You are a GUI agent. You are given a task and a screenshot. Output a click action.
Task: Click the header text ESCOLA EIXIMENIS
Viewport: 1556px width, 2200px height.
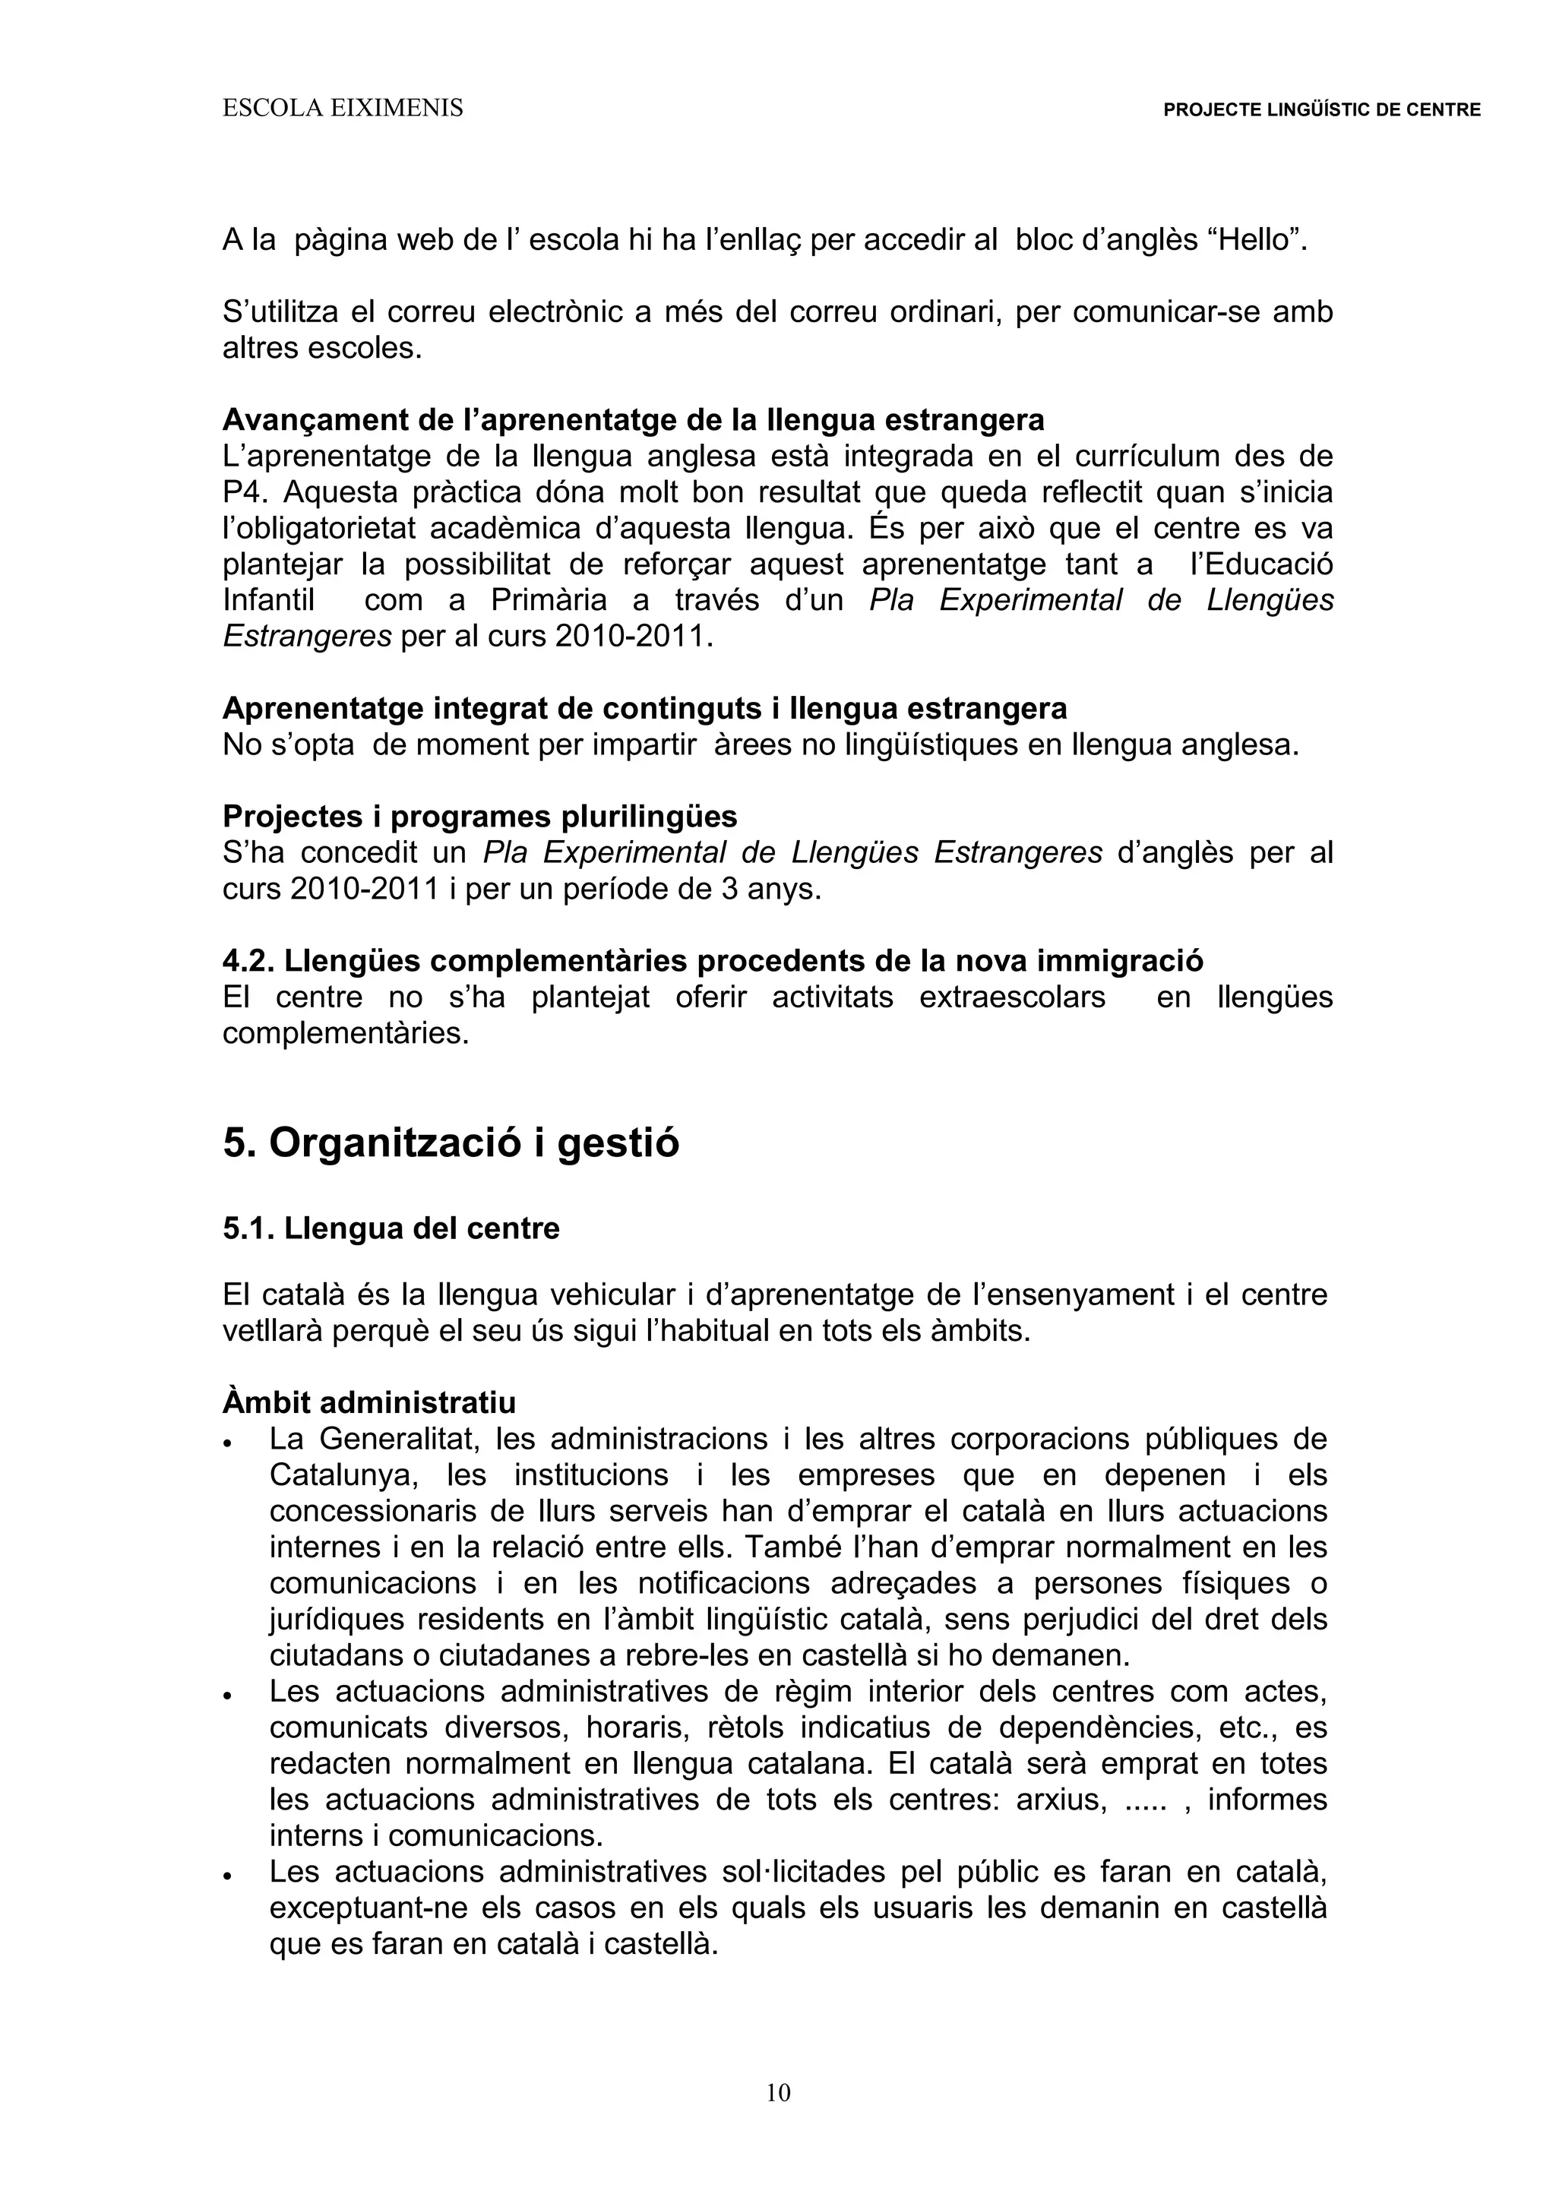click(342, 109)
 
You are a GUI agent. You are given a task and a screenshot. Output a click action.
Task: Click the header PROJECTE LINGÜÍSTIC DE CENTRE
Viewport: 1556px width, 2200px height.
click(1321, 110)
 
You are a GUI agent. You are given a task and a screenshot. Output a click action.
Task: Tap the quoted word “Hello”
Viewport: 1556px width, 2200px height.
click(1257, 241)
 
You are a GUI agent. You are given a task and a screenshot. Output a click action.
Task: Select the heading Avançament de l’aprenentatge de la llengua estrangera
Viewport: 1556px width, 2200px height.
click(634, 419)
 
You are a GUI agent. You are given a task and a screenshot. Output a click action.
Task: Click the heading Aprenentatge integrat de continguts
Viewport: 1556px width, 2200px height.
click(644, 709)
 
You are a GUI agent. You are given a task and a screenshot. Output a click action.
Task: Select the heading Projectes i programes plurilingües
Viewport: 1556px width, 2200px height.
click(480, 817)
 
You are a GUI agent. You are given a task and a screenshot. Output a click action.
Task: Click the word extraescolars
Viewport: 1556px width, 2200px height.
click(1012, 997)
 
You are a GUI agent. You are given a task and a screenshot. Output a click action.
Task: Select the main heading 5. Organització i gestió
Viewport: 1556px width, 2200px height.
click(451, 1143)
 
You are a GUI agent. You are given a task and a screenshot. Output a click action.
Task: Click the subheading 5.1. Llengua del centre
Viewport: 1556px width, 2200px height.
click(391, 1229)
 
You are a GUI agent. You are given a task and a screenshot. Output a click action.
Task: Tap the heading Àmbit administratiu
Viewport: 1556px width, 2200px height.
click(369, 1403)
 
